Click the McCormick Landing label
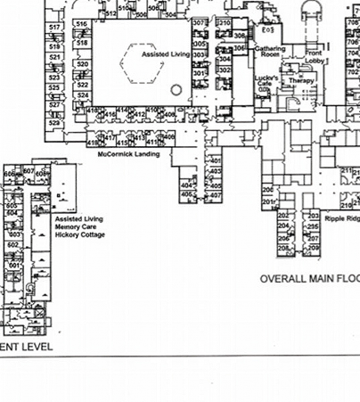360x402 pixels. pos(129,154)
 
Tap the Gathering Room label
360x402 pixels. pos(269,52)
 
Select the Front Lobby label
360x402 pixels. pos(314,57)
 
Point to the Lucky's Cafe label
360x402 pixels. pos(266,80)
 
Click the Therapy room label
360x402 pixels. pos(301,80)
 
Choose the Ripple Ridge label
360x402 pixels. pos(341,217)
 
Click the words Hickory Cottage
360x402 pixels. pos(80,235)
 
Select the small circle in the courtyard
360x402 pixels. pos(176,90)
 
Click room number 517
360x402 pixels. pos(55,28)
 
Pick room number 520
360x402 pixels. pos(82,64)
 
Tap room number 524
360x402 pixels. pos(83,94)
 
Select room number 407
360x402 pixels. pos(215,194)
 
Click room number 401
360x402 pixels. pos(215,160)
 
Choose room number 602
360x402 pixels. pos(13,245)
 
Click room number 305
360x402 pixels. pos(200,43)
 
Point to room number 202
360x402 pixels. pos(282,216)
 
